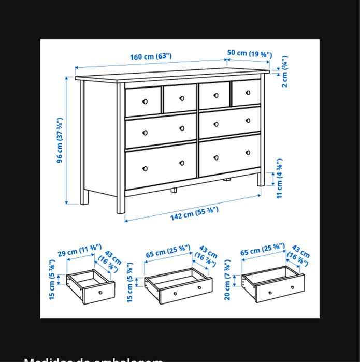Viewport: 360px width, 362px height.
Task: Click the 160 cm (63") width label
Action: pyautogui.click(x=151, y=56)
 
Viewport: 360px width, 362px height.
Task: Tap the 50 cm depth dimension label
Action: pyautogui.click(x=249, y=53)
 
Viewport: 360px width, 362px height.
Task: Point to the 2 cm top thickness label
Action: pyautogui.click(x=285, y=71)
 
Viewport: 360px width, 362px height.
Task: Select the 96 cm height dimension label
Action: pyautogui.click(x=60, y=140)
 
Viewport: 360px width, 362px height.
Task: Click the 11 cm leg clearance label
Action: pyautogui.click(x=280, y=179)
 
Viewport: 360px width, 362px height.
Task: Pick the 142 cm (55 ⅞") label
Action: pyautogui.click(x=194, y=212)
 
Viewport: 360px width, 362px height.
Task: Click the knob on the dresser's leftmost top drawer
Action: pyautogui.click(x=145, y=102)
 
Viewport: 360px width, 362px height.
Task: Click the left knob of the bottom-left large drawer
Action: pyautogui.click(x=145, y=168)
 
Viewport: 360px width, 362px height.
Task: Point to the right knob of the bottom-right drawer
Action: pyautogui.click(x=248, y=152)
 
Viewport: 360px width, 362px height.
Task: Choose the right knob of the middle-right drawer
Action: pyautogui.click(x=248, y=120)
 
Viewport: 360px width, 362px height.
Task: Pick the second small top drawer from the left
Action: pyautogui.click(x=180, y=99)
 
